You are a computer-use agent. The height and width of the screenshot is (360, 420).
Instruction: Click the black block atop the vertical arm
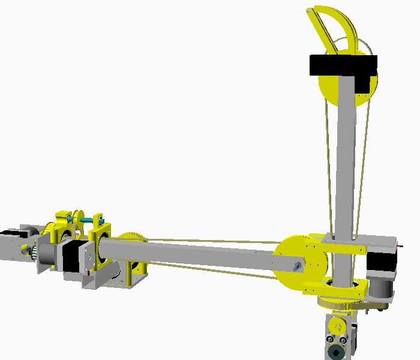click(x=343, y=65)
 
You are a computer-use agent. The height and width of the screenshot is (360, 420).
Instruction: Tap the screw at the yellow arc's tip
click(x=310, y=10)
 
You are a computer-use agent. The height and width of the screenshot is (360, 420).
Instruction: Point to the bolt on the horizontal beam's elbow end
click(x=298, y=265)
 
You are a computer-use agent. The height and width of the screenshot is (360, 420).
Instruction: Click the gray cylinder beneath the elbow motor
click(x=380, y=287)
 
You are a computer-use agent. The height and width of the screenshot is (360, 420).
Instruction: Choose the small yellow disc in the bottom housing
click(x=338, y=327)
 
